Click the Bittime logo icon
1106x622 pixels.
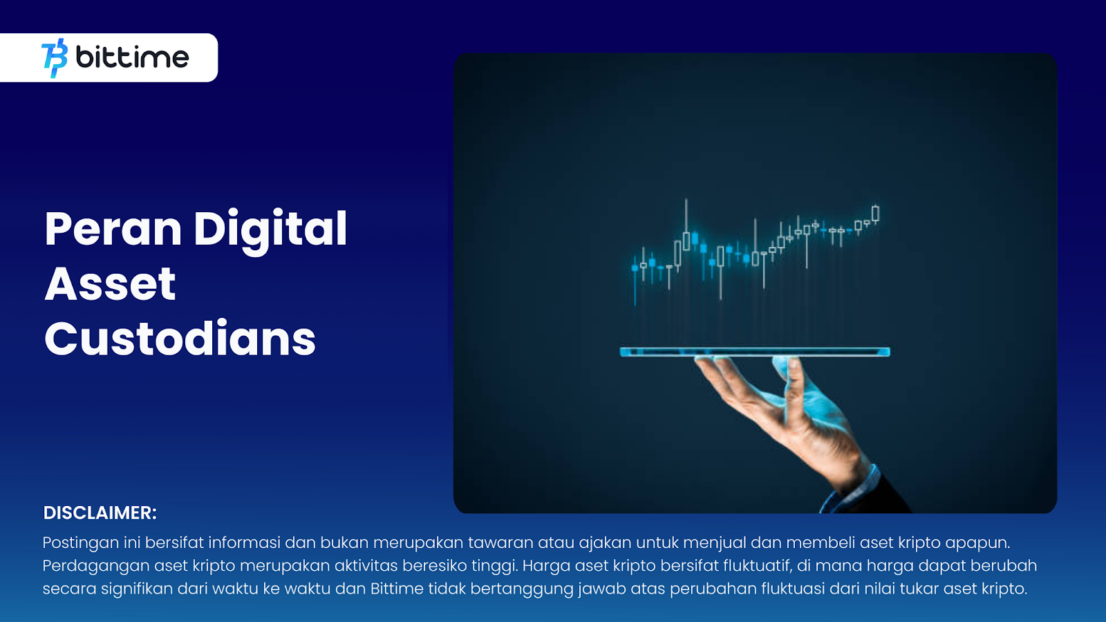tap(55, 58)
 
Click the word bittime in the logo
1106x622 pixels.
tap(132, 57)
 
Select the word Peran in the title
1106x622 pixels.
tap(113, 229)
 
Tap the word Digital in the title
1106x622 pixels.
tap(270, 230)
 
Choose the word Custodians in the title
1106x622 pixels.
tap(180, 339)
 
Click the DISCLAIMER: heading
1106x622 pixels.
tap(100, 513)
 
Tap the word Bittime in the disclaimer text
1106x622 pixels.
tap(397, 589)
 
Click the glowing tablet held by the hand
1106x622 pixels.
tap(755, 352)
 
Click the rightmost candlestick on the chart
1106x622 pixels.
tap(875, 214)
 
